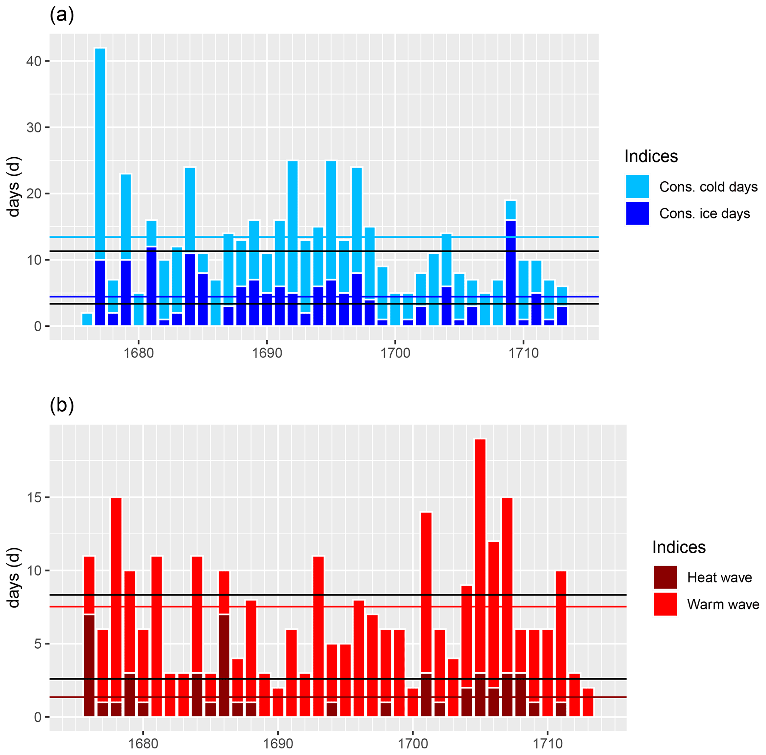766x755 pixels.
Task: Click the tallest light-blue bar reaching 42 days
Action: click(x=100, y=151)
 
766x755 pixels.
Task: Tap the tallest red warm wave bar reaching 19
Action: click(x=480, y=555)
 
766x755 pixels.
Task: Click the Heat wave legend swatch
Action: click(x=665, y=577)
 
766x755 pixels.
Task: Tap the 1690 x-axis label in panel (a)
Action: click(x=267, y=353)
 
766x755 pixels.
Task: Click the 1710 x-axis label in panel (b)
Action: click(x=547, y=743)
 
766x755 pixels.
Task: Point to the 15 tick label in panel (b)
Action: click(x=35, y=498)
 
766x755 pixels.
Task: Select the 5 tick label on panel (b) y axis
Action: click(x=38, y=644)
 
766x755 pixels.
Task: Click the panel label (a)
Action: click(x=62, y=15)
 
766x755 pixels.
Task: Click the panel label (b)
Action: click(x=62, y=406)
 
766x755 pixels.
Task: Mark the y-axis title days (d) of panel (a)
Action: click(x=14, y=187)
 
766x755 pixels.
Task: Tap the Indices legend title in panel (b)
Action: click(x=679, y=547)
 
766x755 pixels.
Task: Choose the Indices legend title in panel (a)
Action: click(x=651, y=156)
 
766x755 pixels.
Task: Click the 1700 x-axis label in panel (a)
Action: click(x=395, y=353)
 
